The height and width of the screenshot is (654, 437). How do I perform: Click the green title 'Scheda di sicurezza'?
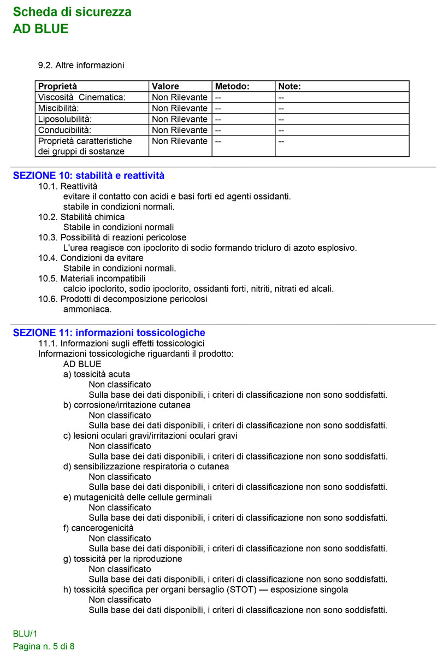(x=72, y=12)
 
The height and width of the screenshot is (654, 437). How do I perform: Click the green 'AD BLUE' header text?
(x=41, y=29)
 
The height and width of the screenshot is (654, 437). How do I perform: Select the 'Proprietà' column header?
(x=58, y=86)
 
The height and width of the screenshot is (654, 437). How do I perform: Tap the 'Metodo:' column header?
(x=232, y=86)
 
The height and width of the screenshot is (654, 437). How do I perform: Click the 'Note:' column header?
(x=290, y=86)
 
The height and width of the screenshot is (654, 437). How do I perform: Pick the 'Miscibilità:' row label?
(x=58, y=108)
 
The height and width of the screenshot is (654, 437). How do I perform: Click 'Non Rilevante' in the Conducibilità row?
(x=180, y=130)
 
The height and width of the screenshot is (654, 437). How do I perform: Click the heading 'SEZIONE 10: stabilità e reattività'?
(x=88, y=176)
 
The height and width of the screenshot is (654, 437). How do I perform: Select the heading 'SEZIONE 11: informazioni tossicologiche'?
(x=109, y=333)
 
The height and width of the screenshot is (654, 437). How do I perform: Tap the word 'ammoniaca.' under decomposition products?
(x=87, y=309)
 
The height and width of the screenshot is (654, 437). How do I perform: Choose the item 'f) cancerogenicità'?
(x=99, y=528)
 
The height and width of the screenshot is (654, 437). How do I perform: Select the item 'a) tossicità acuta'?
(x=97, y=374)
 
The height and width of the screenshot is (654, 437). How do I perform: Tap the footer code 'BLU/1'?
(x=25, y=634)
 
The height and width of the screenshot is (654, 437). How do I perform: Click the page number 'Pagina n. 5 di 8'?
(x=44, y=646)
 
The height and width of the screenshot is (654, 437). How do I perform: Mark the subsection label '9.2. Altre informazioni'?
(x=81, y=66)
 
